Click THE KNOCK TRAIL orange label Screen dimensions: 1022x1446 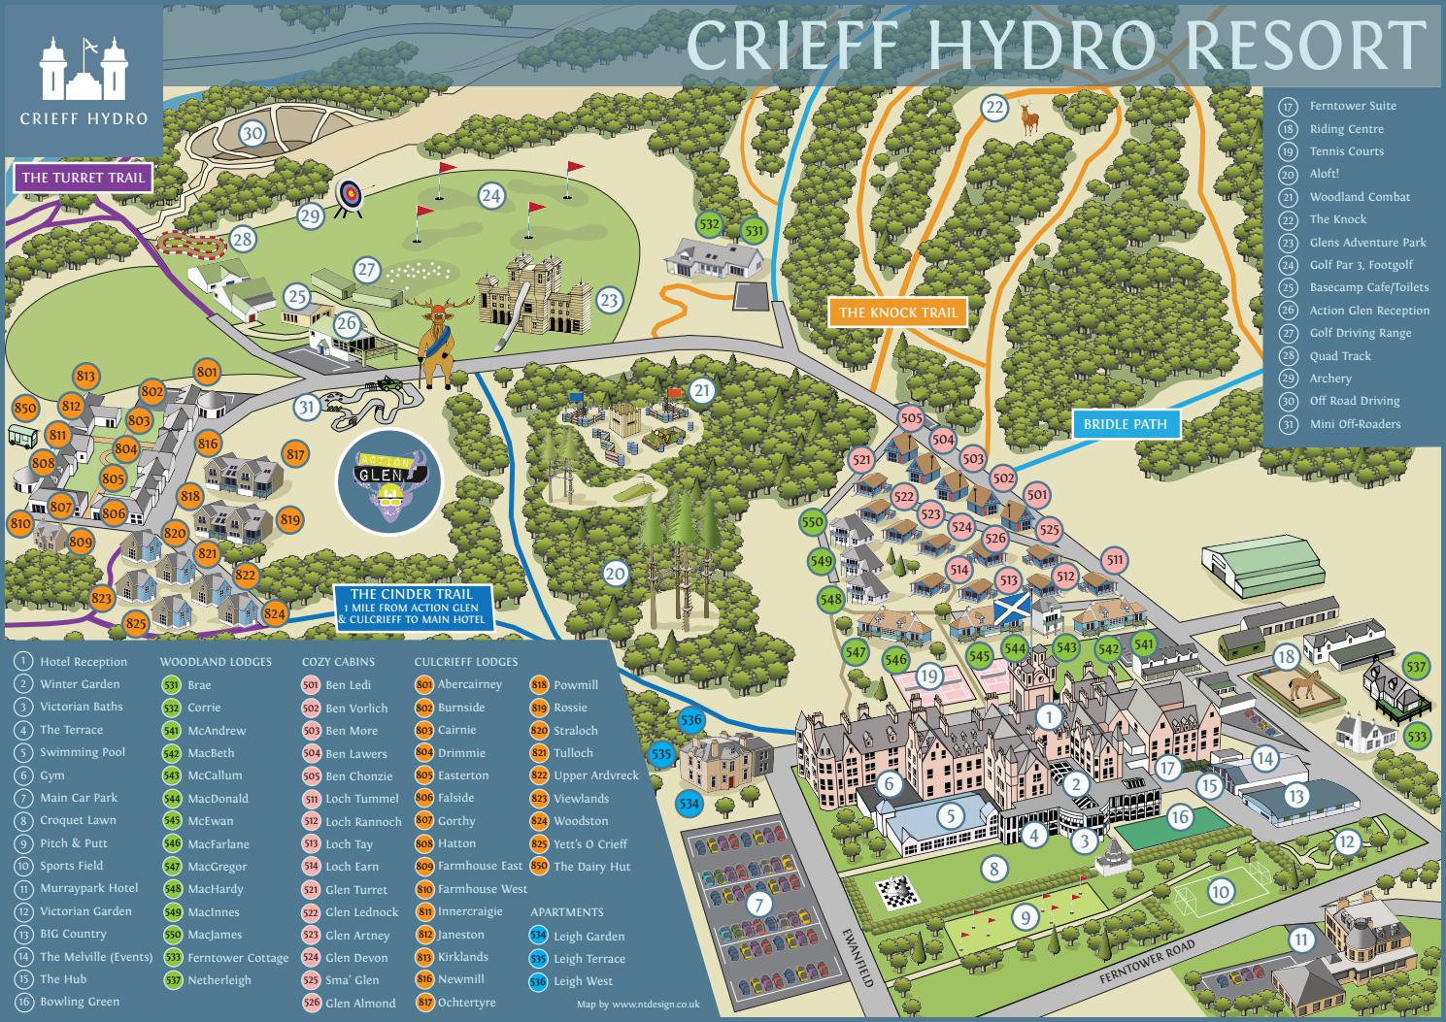pyautogui.click(x=898, y=313)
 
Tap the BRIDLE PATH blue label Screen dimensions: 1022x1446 pyautogui.click(x=1126, y=424)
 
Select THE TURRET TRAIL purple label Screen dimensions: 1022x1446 pyautogui.click(x=84, y=178)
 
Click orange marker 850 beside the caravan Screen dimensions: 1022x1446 pyautogui.click(x=25, y=409)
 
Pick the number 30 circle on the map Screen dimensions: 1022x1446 pyautogui.click(x=252, y=133)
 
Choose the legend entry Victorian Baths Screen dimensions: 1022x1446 pyautogui.click(x=81, y=707)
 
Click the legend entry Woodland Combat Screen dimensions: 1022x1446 pyautogui.click(x=1359, y=197)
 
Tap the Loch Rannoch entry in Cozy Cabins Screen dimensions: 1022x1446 pyautogui.click(x=363, y=821)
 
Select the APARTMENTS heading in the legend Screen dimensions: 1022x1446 pyautogui.click(x=567, y=912)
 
